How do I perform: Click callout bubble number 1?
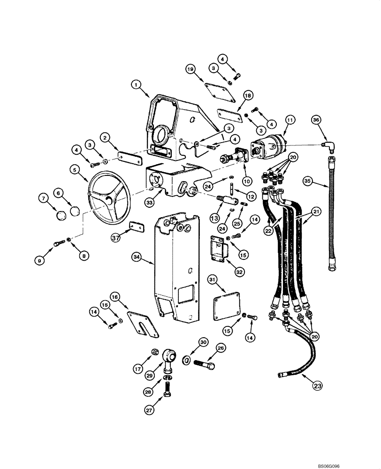[136, 84]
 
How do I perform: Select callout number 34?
[137, 257]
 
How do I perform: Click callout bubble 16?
[115, 296]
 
